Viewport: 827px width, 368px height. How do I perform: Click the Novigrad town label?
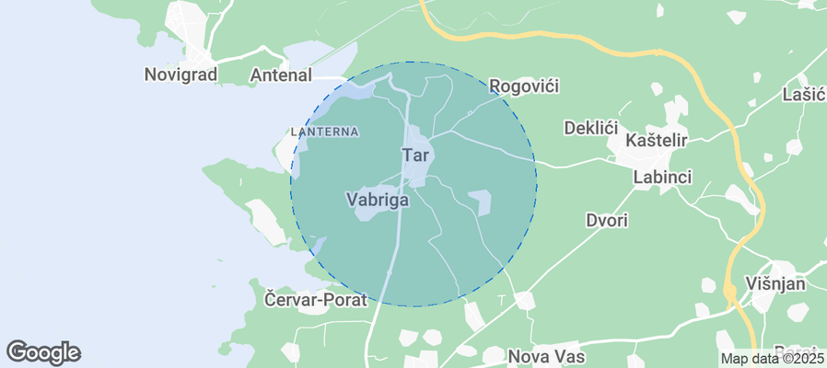181,75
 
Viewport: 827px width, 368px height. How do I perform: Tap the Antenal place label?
282,75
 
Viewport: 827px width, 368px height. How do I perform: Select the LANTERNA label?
324,132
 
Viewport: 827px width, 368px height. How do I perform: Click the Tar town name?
414,155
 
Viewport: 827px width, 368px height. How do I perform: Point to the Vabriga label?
377,198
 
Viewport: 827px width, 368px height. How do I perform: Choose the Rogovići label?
524,86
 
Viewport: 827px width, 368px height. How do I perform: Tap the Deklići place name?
589,127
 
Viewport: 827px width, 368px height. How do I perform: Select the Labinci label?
662,177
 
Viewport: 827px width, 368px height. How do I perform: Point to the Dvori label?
607,220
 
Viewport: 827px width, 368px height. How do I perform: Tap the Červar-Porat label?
316,300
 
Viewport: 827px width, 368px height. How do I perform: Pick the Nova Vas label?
547,354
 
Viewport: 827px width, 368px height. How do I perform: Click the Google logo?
43,352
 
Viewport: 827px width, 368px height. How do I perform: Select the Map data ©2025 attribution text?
772,359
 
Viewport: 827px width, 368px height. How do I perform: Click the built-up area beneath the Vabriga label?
376,213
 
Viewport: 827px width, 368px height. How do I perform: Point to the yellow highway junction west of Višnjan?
731,293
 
